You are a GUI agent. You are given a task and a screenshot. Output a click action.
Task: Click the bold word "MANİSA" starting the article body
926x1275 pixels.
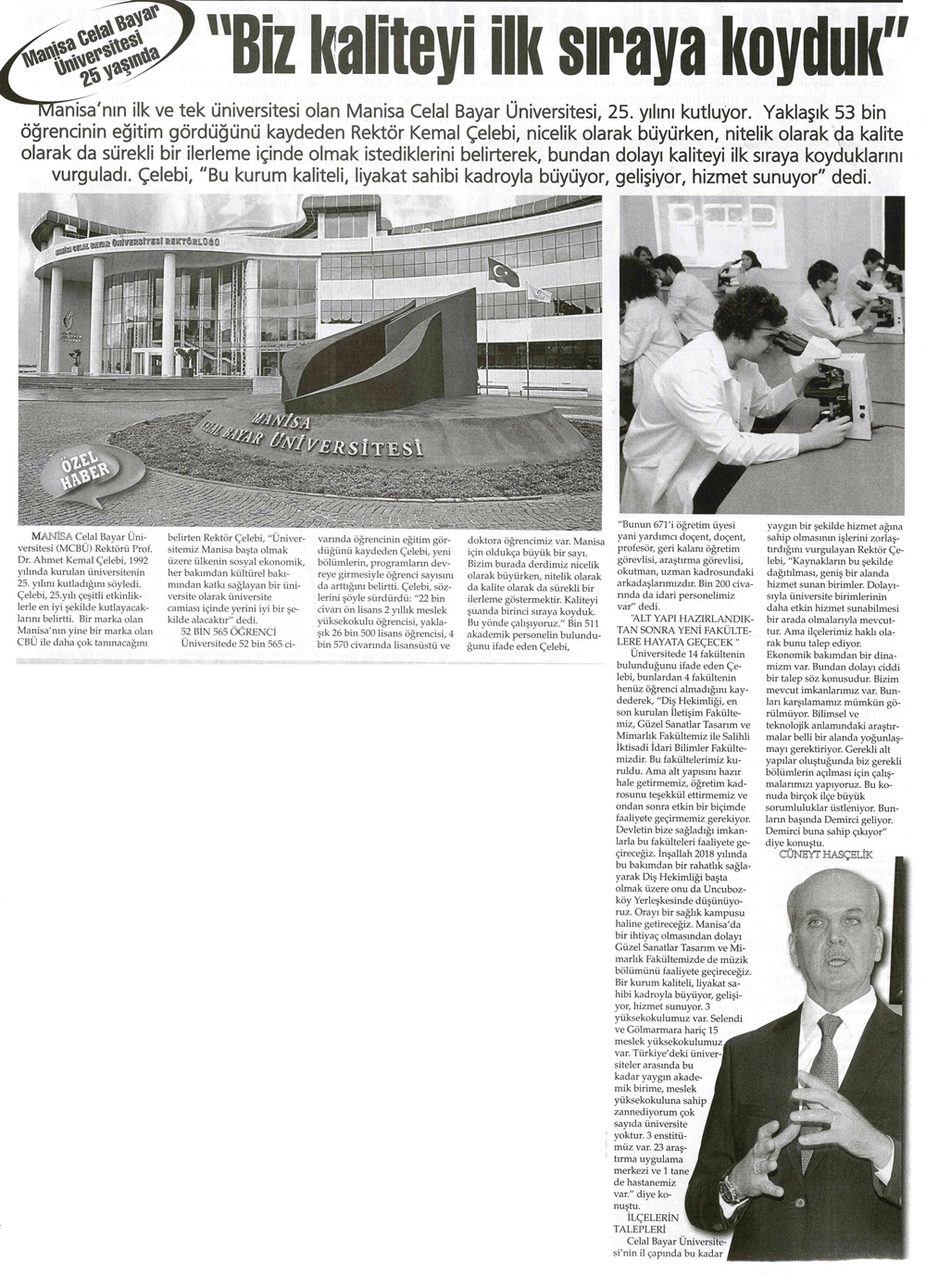(48, 536)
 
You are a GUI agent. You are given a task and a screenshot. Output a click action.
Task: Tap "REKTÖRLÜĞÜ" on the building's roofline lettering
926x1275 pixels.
(191, 242)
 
